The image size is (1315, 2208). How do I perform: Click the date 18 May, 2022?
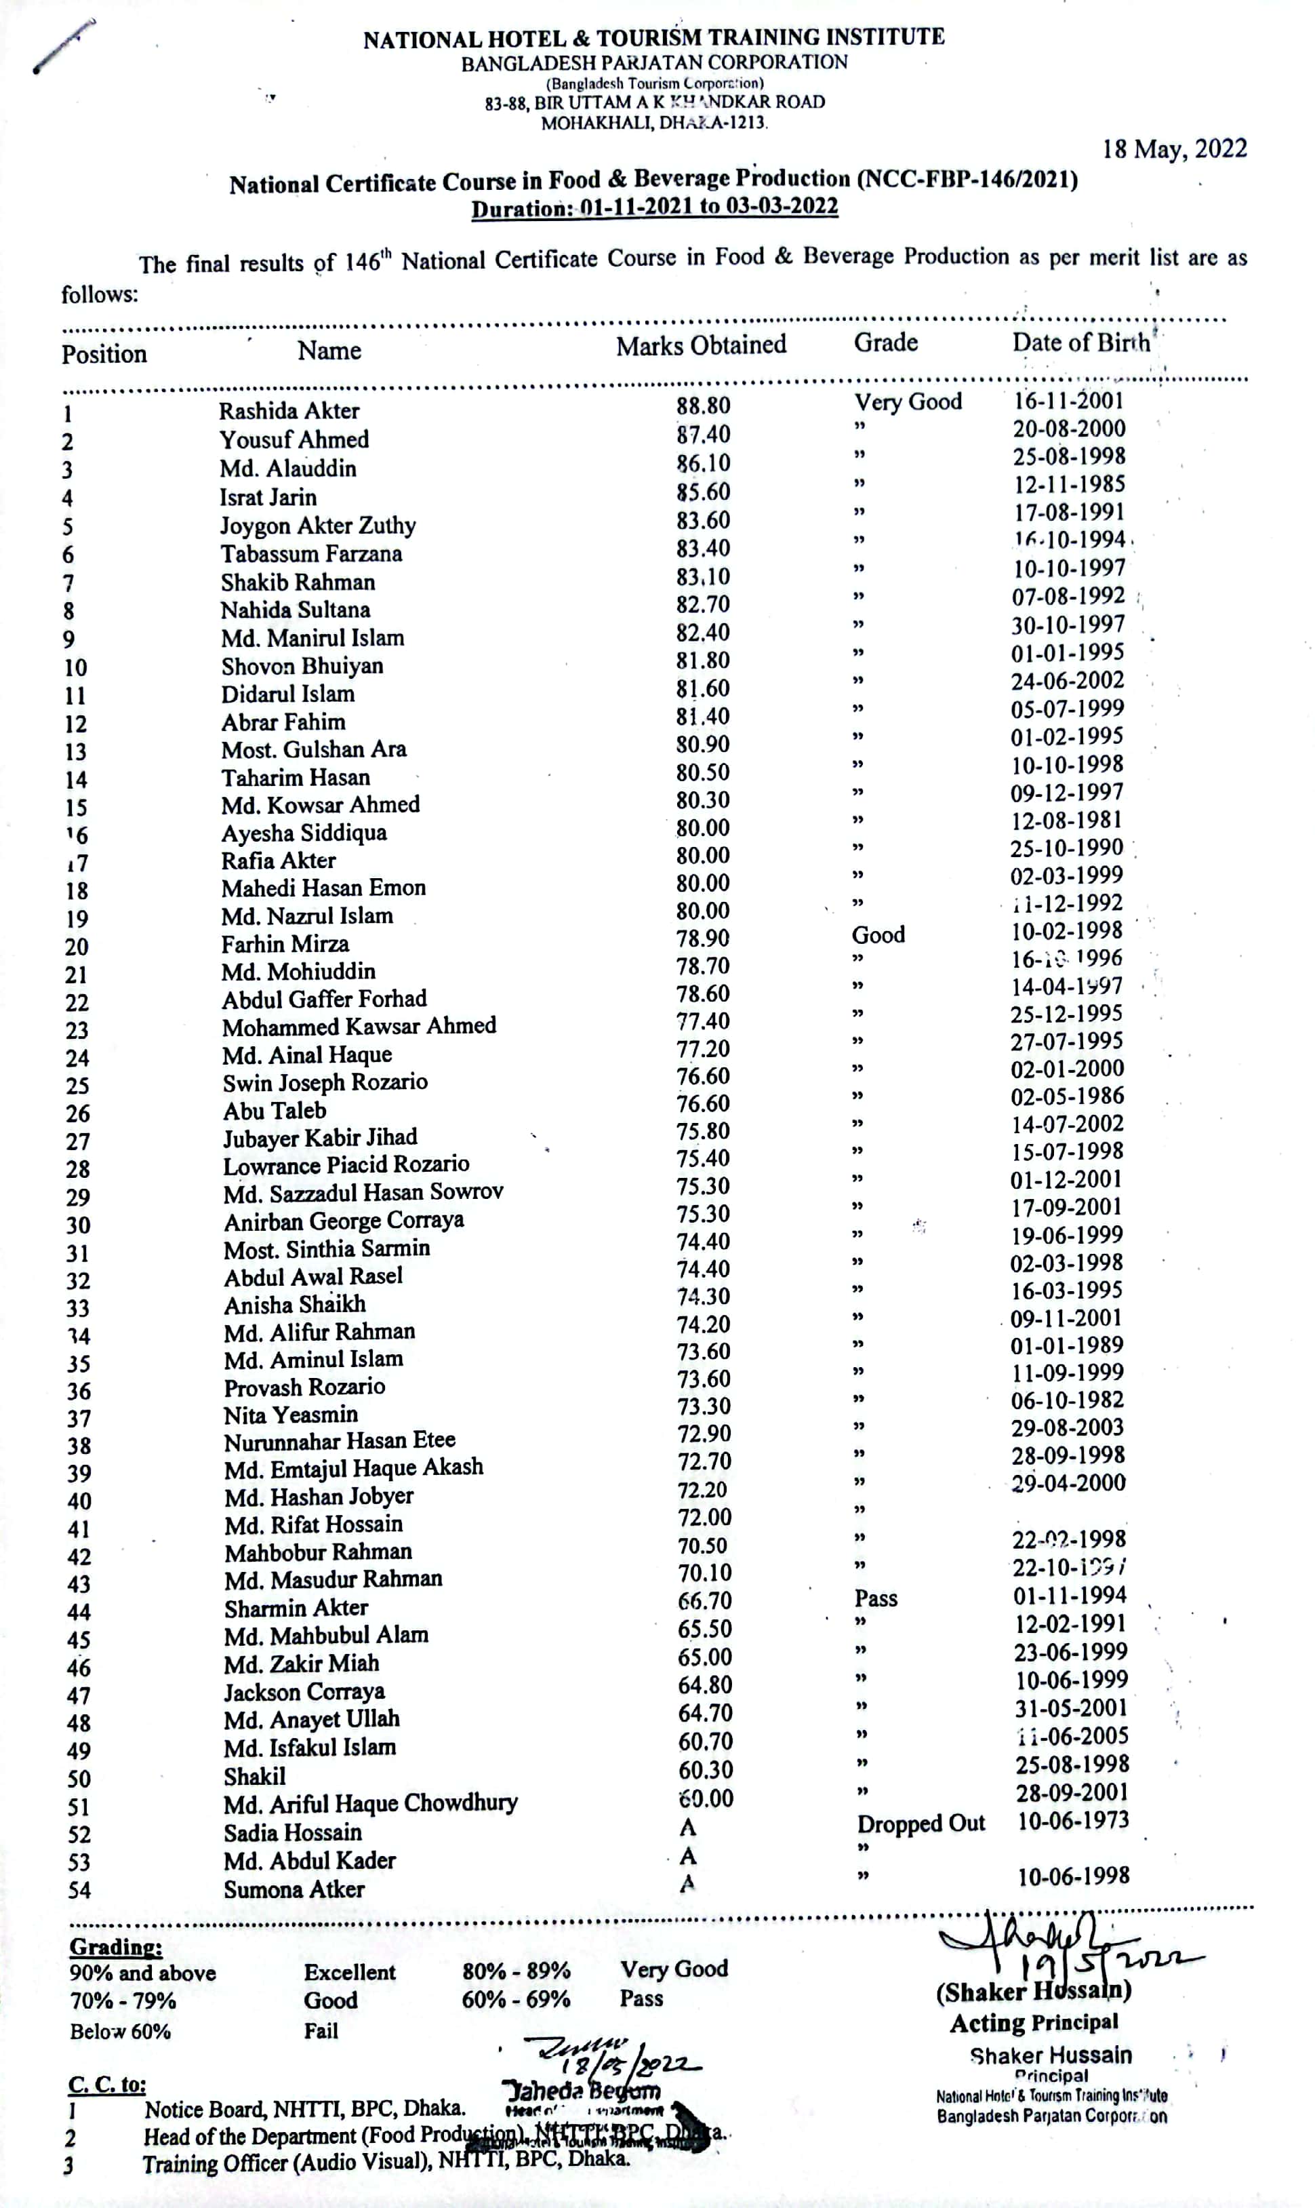pos(1174,149)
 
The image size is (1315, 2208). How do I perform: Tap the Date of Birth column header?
pos(1081,343)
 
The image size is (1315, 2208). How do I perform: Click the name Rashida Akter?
pos(289,410)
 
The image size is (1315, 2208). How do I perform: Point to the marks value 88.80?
pos(704,406)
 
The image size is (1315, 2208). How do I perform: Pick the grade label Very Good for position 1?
pos(908,402)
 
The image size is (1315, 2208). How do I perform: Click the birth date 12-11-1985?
pos(1069,484)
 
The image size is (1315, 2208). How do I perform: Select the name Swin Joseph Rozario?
pos(325,1082)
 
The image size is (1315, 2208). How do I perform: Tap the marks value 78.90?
pos(704,939)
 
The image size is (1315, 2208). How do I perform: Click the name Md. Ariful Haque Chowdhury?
pos(370,1804)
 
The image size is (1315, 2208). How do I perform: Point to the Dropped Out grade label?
pos(920,1823)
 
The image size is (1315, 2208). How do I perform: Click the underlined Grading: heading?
pos(116,1948)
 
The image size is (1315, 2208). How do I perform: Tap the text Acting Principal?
pos(1034,2023)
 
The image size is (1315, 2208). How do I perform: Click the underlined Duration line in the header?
pos(654,208)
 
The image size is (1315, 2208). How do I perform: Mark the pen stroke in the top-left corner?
pos(63,46)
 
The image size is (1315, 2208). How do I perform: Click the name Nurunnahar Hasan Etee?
pos(340,1441)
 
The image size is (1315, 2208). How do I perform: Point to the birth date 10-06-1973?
pos(1073,1821)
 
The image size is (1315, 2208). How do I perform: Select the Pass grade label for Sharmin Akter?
pos(876,1598)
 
